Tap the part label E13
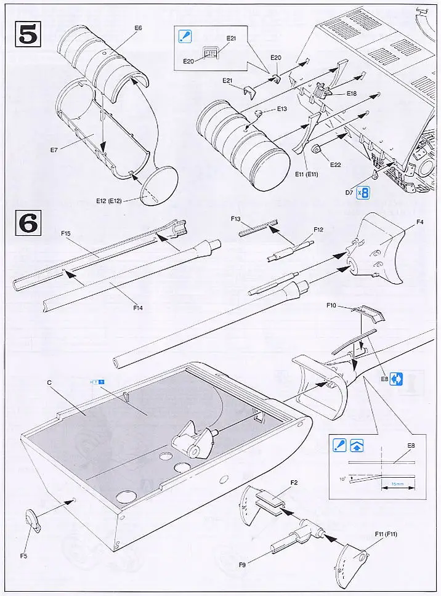[281, 109]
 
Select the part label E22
[335, 164]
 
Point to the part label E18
[352, 93]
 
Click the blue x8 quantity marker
[365, 193]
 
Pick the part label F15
[67, 234]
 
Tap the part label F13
[235, 219]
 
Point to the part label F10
[330, 305]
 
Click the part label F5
[23, 556]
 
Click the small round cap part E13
[259, 113]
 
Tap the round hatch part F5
[33, 521]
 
